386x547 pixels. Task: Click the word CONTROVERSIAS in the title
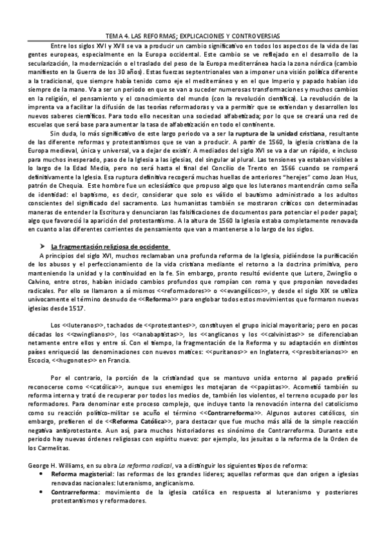click(256, 37)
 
